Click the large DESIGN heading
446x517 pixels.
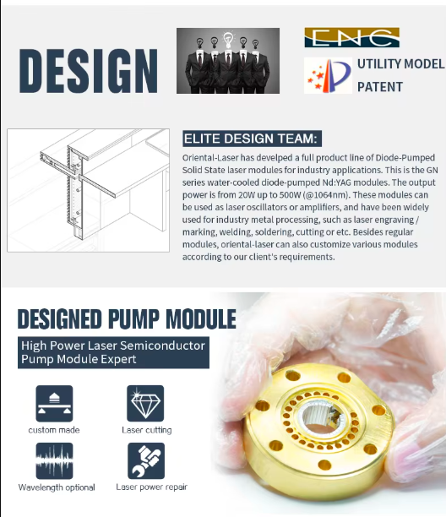click(89, 71)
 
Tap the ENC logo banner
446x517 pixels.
click(351, 37)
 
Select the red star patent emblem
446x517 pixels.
click(328, 75)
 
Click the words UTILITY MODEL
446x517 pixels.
click(401, 64)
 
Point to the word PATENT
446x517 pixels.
click(380, 87)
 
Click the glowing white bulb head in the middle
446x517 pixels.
click(228, 40)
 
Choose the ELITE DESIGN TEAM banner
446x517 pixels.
click(253, 139)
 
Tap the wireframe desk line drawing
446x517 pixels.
click(89, 190)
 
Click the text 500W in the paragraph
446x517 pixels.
click(290, 195)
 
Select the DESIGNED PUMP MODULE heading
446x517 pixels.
click(127, 318)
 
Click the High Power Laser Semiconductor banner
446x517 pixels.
click(113, 352)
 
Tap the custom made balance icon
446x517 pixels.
click(54, 404)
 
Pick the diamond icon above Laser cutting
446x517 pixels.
click(145, 404)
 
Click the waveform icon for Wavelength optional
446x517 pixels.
click(54, 461)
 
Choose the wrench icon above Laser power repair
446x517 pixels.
click(146, 461)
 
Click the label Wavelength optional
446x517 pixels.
click(57, 487)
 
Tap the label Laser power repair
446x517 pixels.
click(152, 487)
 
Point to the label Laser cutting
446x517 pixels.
click(147, 430)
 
